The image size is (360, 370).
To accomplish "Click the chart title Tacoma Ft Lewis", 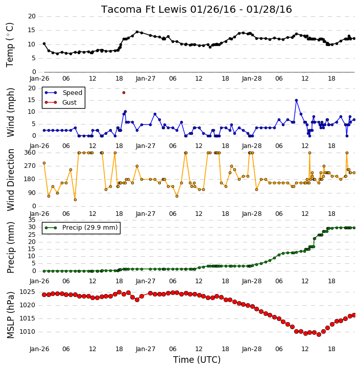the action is pyautogui.click(x=144, y=9).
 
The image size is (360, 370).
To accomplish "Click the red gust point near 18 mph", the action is pyautogui.click(x=124, y=93).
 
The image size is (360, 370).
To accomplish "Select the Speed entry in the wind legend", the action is pyautogui.click(x=63, y=93).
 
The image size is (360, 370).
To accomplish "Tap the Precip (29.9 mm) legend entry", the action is pyautogui.click(x=81, y=228).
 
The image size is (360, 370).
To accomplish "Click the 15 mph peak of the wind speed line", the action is pyautogui.click(x=297, y=101).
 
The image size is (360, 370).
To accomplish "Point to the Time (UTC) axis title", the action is pyautogui.click(x=197, y=360).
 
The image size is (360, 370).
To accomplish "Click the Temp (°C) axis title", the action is pyautogui.click(x=10, y=45).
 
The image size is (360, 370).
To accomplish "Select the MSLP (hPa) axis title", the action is pyautogui.click(x=10, y=315).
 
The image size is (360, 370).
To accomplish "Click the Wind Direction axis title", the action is pyautogui.click(x=10, y=180).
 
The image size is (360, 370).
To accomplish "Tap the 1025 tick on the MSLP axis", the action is pyautogui.click(x=27, y=292).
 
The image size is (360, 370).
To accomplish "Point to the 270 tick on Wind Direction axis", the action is pyautogui.click(x=30, y=166).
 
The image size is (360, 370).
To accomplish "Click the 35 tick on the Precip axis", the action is pyautogui.click(x=32, y=220).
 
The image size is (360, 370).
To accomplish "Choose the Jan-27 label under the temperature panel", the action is pyautogui.click(x=146, y=79).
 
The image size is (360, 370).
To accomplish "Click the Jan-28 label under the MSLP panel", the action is pyautogui.click(x=252, y=349).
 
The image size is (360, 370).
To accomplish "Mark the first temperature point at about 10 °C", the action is pyautogui.click(x=44, y=44).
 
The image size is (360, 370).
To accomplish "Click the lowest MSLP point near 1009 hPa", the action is pyautogui.click(x=319, y=334).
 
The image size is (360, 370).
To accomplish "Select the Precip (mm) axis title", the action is pyautogui.click(x=10, y=248).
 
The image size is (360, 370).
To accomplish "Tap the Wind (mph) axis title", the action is pyautogui.click(x=10, y=112).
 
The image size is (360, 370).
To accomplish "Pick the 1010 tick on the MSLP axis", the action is pyautogui.click(x=27, y=332).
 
